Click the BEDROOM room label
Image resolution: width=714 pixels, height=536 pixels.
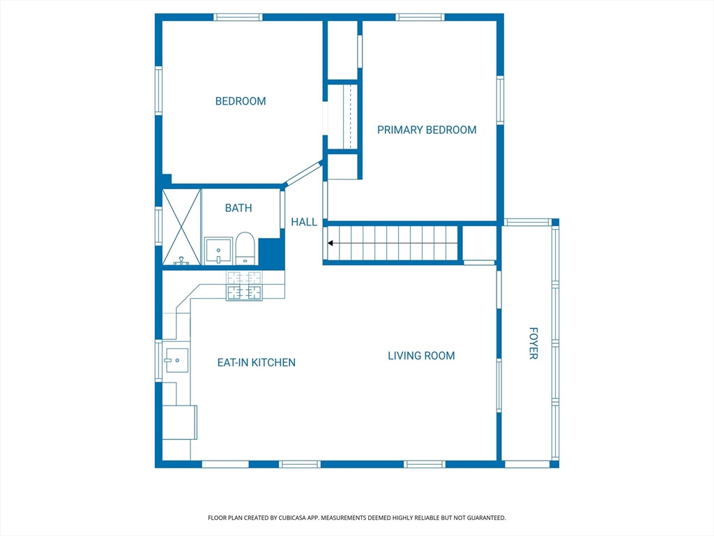[x=241, y=101]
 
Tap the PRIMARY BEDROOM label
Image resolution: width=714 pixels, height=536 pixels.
[x=427, y=130]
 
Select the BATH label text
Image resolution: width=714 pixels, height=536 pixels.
[x=238, y=208]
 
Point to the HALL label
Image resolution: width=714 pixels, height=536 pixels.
[x=304, y=222]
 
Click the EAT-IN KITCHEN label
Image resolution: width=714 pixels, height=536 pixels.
[x=257, y=362]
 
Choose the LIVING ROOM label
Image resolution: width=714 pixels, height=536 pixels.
[x=421, y=355]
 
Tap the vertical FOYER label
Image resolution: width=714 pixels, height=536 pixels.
[x=533, y=343]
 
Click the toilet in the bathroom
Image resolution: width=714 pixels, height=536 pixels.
[x=245, y=248]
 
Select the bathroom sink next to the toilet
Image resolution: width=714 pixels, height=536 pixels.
[x=218, y=251]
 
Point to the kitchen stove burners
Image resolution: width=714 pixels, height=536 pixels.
[x=245, y=285]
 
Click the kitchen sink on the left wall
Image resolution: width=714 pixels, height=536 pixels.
[x=176, y=360]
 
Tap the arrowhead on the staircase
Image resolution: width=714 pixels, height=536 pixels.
[x=330, y=244]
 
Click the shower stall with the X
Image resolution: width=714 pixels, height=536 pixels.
[x=182, y=227]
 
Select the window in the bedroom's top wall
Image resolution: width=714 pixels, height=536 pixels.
[x=238, y=17]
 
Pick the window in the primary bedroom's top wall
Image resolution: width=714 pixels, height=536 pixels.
[x=420, y=17]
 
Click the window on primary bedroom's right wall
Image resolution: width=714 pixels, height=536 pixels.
[x=500, y=100]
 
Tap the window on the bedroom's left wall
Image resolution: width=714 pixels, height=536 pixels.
[x=158, y=91]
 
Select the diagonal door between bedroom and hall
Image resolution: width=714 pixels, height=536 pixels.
[x=303, y=174]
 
